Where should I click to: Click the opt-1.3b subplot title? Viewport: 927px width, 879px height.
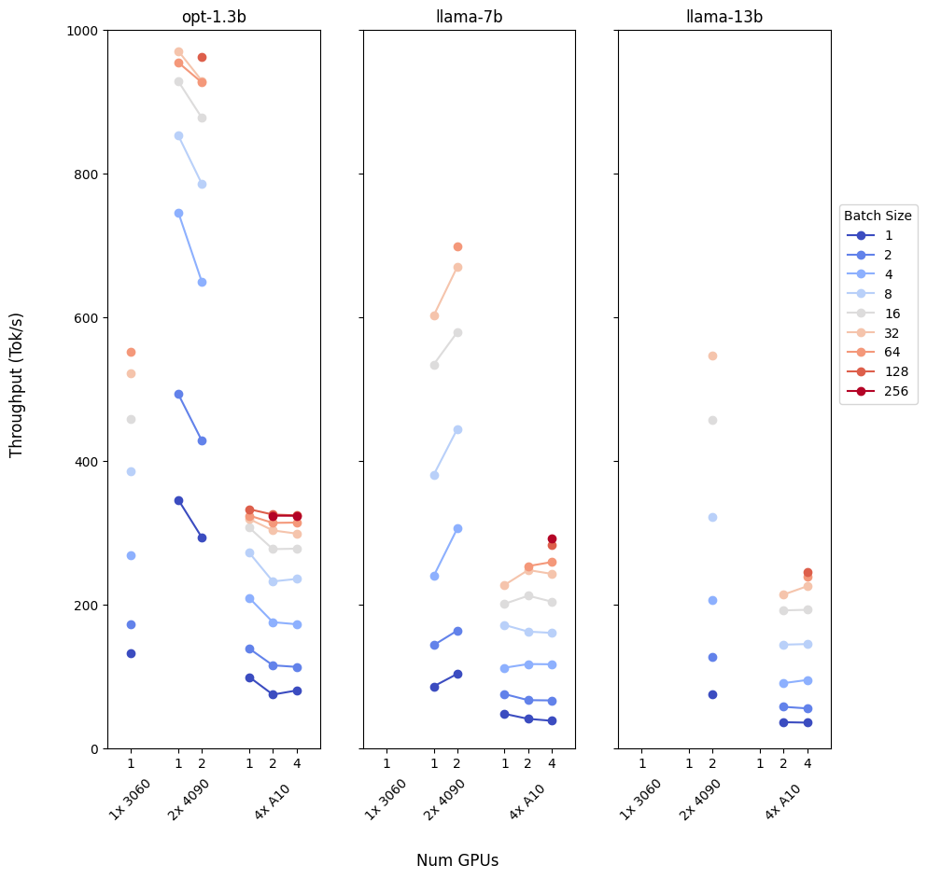(214, 16)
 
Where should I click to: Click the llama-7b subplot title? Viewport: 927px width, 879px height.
(469, 16)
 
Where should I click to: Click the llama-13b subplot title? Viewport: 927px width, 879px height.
(723, 16)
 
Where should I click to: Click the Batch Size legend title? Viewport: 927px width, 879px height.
(878, 216)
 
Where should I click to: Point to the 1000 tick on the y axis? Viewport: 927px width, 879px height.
(86, 31)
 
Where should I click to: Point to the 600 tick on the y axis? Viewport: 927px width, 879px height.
(90, 318)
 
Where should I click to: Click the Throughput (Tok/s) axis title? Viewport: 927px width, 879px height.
(17, 384)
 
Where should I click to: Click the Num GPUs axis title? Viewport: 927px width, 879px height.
(457, 860)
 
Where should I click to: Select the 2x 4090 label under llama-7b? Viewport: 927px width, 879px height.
(445, 799)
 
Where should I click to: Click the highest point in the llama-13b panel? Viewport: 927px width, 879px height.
(712, 356)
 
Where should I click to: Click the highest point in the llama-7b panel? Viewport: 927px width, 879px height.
(457, 246)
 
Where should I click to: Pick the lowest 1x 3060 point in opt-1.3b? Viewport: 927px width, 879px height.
(131, 653)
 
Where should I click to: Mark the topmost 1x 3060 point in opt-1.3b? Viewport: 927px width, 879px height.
(131, 352)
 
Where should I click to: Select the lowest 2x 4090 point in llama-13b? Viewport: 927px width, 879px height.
(712, 694)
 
